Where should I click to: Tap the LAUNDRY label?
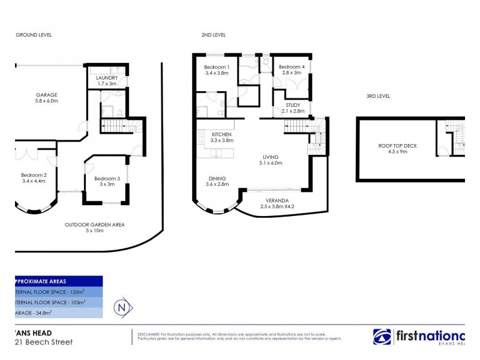tap(107, 77)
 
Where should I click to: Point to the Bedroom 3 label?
tap(107, 178)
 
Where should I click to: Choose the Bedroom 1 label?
tap(216, 67)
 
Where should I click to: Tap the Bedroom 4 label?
tap(291, 67)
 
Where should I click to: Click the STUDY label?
tap(293, 105)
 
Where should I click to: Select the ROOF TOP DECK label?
tap(397, 146)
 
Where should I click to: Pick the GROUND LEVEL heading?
tap(34, 35)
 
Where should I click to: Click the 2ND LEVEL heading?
tap(214, 35)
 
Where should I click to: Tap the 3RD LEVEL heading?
tap(379, 95)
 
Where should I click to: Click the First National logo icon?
tap(382, 337)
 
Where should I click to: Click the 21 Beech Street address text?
tap(43, 342)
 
